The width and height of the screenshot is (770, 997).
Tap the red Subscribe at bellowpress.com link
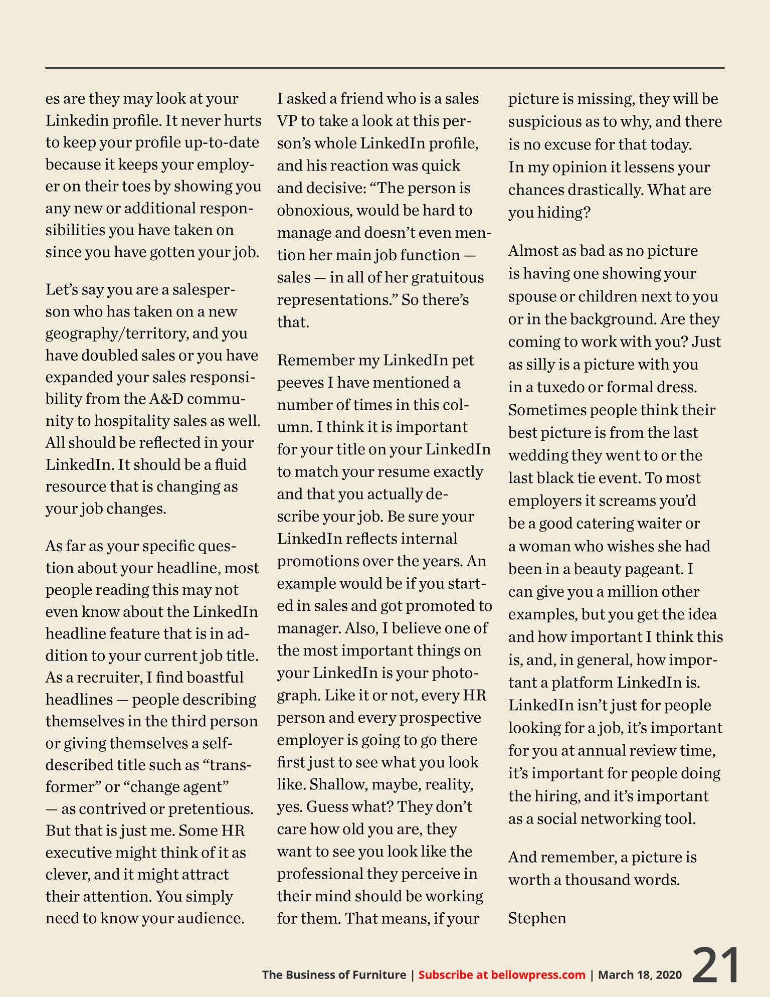point(502,974)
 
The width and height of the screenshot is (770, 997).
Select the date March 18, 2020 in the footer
point(640,974)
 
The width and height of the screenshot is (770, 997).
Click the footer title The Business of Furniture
point(334,974)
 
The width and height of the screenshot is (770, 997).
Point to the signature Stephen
point(537,918)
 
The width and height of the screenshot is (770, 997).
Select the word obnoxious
point(313,210)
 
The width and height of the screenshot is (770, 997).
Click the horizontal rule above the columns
point(384,68)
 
